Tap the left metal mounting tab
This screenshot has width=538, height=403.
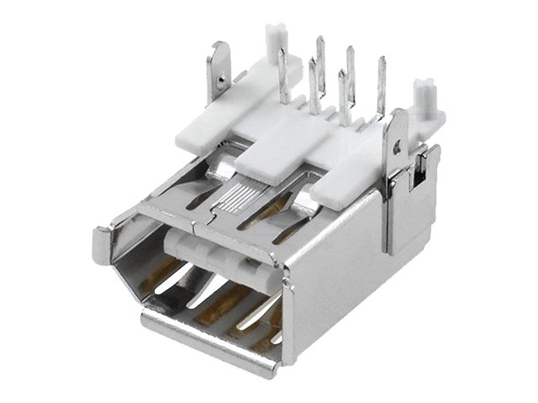[x=219, y=67]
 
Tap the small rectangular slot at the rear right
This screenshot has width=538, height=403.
[x=414, y=179]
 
